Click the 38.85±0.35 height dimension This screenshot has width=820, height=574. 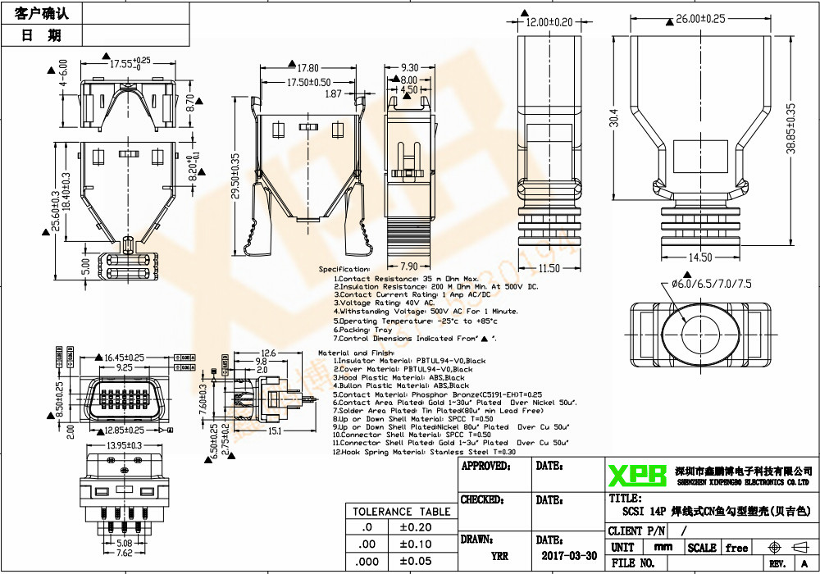(x=790, y=129)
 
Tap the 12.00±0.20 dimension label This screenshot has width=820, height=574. (x=549, y=22)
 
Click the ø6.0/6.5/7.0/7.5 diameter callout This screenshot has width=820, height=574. (x=712, y=284)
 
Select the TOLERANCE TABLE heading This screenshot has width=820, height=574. (x=402, y=512)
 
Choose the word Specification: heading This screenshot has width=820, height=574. (x=344, y=269)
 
